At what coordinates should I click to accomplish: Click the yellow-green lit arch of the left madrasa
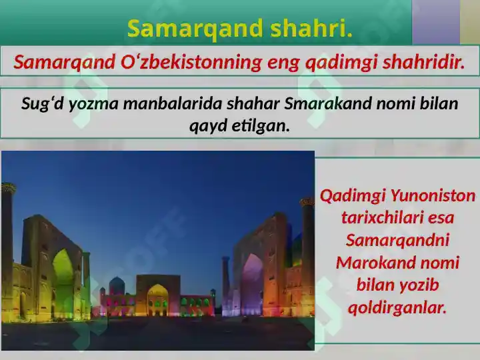click(63, 280)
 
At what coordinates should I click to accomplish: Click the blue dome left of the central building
click(117, 285)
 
